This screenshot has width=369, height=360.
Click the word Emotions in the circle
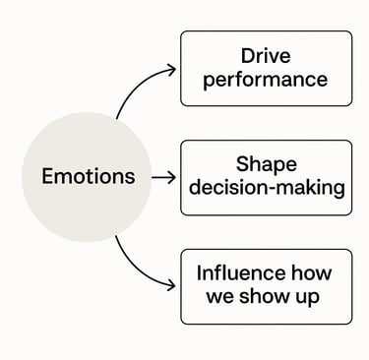point(88,177)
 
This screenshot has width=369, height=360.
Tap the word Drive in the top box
point(266,56)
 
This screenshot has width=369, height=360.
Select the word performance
point(266,80)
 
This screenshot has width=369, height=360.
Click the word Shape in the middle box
point(266,164)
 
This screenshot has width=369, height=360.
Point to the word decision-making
point(266,188)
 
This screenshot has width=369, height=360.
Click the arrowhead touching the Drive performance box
point(172,69)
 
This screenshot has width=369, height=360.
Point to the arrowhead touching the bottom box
point(172,287)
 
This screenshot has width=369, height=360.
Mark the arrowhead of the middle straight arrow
point(171,178)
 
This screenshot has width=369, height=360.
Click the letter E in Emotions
point(47,177)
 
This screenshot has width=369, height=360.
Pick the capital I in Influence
point(201,273)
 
